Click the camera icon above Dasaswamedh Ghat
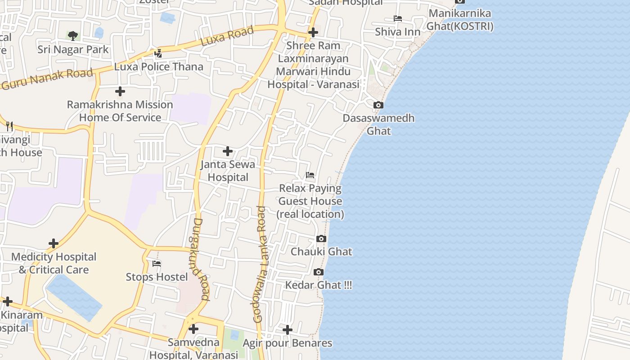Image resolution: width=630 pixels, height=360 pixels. (x=378, y=105)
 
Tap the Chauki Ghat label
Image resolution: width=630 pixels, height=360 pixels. (x=321, y=252)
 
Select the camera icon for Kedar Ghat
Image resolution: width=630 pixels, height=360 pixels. (x=319, y=272)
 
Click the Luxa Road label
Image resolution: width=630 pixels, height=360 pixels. (x=227, y=36)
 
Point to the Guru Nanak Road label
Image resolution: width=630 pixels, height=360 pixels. (x=47, y=78)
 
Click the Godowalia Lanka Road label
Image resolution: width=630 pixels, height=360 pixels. (x=261, y=264)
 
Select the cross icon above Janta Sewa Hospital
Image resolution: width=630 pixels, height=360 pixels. (x=228, y=151)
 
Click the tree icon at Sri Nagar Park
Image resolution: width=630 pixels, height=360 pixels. (x=72, y=36)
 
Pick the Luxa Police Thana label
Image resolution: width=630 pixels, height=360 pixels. (x=158, y=67)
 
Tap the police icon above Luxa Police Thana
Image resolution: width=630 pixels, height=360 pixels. (x=158, y=54)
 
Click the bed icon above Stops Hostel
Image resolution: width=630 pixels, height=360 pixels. (x=157, y=264)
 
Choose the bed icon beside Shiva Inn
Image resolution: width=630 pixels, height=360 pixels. (x=398, y=19)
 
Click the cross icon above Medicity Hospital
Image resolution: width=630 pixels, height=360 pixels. (x=54, y=243)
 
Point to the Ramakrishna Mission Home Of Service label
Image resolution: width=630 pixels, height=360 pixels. (x=120, y=111)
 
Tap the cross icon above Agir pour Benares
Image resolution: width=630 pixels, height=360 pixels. (x=288, y=330)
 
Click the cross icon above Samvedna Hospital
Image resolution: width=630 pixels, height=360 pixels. (x=193, y=329)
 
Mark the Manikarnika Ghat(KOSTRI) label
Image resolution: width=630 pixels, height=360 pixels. (x=459, y=20)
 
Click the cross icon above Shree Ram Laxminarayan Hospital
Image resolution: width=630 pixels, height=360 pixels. (x=313, y=32)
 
